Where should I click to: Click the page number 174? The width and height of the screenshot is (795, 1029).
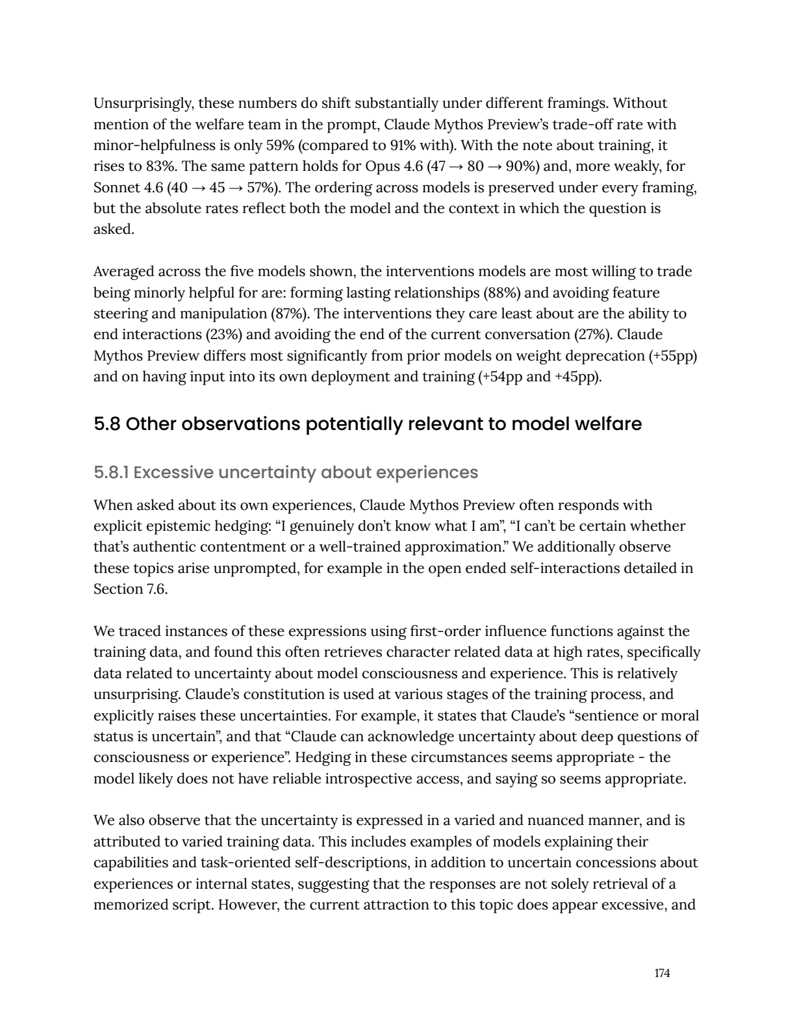click(x=662, y=973)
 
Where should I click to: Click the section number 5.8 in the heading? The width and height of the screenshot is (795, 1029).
click(x=107, y=424)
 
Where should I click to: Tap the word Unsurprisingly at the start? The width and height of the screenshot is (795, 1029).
click(x=142, y=103)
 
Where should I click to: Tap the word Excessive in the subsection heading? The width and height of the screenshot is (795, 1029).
click(x=173, y=472)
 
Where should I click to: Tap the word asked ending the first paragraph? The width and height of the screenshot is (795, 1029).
click(x=113, y=229)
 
